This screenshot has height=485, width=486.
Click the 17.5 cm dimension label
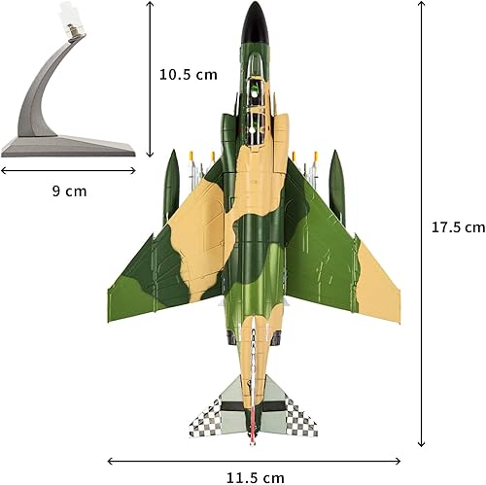point(457,227)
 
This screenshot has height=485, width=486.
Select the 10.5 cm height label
point(189,74)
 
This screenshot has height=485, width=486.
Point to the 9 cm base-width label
point(68,191)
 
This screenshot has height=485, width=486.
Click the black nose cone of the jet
point(256,16)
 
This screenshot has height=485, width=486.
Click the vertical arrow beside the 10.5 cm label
point(152,78)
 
